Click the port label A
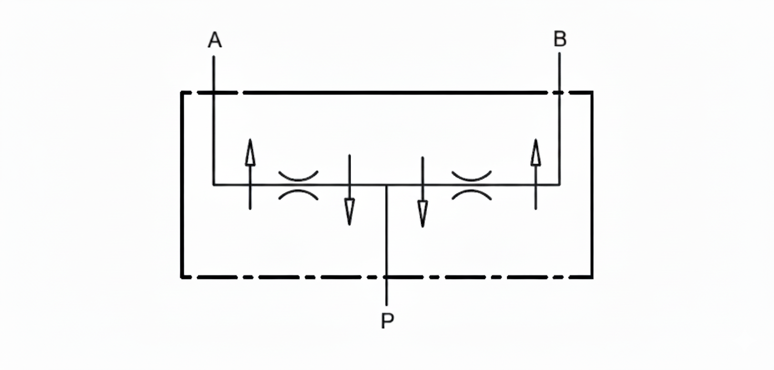pos(214,40)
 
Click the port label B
pos(560,39)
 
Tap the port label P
pos(387,321)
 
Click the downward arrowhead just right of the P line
pos(422,214)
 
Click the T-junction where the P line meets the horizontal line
pos(386,185)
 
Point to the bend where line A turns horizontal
pos(213,185)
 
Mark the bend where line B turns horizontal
pos(559,185)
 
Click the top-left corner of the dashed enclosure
pos(182,92)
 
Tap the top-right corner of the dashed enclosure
pos(592,92)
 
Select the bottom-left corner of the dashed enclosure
pos(182,276)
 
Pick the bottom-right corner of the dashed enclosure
pos(592,276)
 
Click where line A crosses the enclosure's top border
pos(213,92)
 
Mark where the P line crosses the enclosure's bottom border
pos(386,276)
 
